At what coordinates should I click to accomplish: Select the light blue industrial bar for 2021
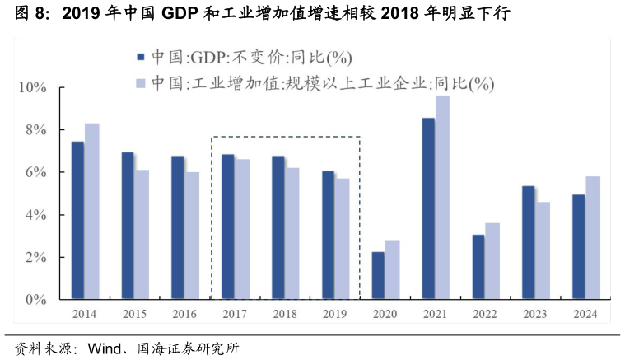442,198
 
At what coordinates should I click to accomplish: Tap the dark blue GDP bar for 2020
378,275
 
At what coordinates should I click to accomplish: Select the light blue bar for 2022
492,260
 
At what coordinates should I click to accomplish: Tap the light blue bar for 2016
192,236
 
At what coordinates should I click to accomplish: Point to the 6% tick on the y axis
35,172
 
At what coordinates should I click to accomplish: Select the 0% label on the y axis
35,300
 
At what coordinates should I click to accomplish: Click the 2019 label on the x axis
334,314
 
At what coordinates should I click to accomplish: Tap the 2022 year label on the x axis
485,314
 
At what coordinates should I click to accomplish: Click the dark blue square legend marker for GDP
140,57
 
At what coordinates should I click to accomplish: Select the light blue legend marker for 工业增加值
140,83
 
